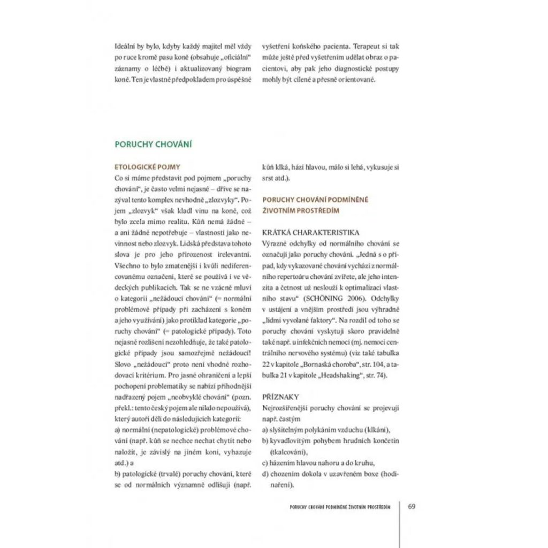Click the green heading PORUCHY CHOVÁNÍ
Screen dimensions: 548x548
pyautogui.click(x=154, y=144)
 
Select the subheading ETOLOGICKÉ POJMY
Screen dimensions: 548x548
pyautogui.click(x=147, y=167)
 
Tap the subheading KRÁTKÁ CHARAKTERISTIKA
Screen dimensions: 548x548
pyautogui.click(x=310, y=233)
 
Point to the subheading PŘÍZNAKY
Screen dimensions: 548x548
pyautogui.click(x=280, y=397)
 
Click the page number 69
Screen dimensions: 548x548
pyautogui.click(x=412, y=506)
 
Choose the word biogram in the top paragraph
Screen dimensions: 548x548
pyautogui.click(x=238, y=68)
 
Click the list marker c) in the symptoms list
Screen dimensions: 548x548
pyautogui.click(x=265, y=463)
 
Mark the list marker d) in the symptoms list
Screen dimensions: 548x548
pyautogui.click(x=265, y=474)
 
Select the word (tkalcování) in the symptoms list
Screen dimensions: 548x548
pyautogui.click(x=289, y=452)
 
